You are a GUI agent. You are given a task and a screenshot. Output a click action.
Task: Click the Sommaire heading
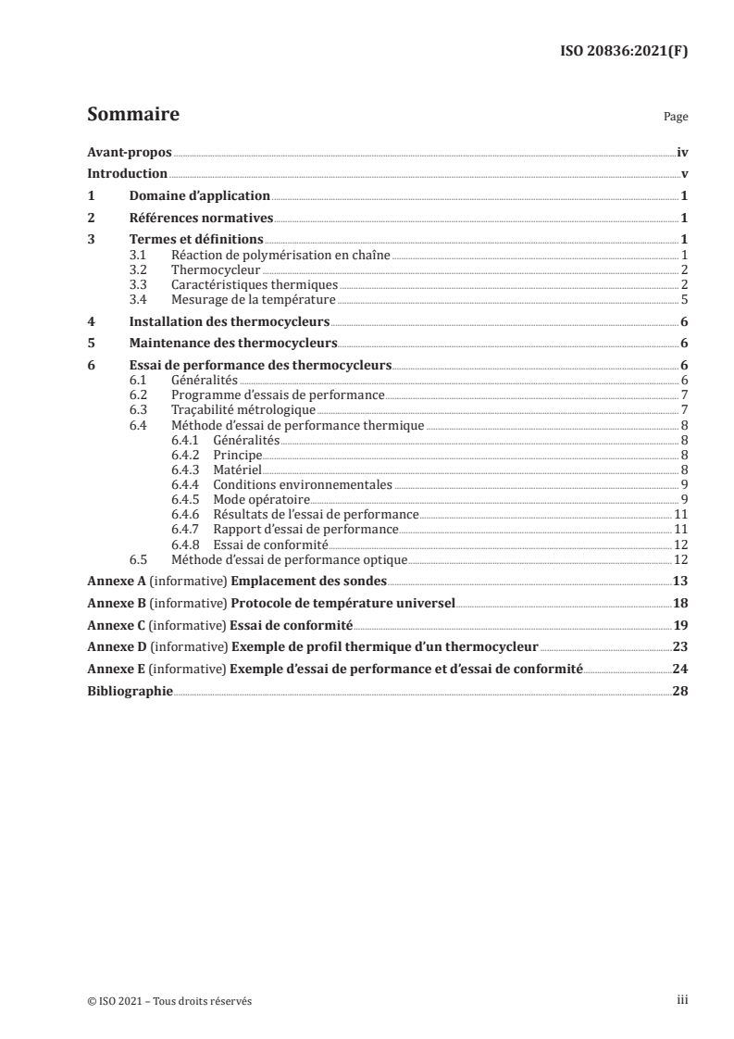(132, 116)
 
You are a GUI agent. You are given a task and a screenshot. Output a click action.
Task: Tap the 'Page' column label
(676, 119)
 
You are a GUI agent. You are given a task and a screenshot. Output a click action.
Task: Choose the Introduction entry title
(127, 174)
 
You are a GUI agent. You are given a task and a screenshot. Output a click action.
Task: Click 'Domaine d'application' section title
(199, 196)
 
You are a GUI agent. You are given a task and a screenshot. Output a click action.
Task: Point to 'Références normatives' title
(201, 219)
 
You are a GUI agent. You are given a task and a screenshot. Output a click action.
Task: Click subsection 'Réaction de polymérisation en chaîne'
(281, 255)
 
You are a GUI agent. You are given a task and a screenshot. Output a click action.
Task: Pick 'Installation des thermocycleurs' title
(229, 321)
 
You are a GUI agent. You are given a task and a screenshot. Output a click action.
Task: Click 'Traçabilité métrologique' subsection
(244, 409)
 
